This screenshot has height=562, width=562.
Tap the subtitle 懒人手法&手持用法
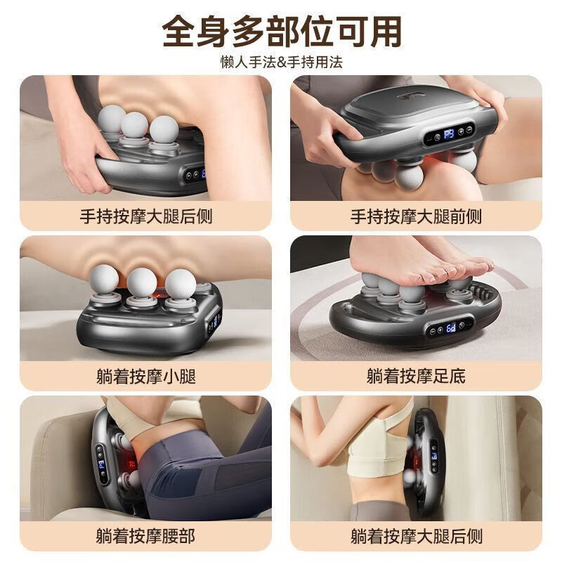[281, 62]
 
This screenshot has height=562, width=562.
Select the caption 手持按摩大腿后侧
[145, 216]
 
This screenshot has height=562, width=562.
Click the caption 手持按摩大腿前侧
[416, 216]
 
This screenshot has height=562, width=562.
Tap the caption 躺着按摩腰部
[145, 537]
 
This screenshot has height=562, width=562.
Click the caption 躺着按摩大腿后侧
[416, 537]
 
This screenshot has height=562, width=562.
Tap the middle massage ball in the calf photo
[141, 282]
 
